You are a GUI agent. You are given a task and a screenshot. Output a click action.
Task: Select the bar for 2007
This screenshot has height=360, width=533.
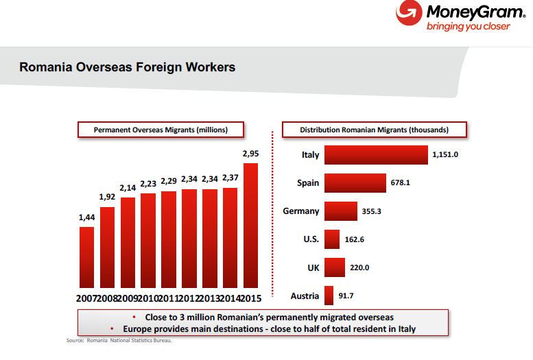click(x=87, y=257)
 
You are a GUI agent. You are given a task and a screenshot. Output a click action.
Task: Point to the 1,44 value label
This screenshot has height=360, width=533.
click(x=87, y=218)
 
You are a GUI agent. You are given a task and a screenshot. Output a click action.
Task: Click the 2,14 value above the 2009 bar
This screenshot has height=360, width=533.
click(x=128, y=187)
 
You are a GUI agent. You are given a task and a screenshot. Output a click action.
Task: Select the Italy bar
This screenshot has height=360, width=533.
click(x=376, y=155)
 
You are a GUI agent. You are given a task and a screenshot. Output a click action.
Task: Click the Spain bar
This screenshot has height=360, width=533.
click(x=355, y=183)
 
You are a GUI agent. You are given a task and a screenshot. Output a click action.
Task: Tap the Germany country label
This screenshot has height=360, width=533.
click(x=301, y=211)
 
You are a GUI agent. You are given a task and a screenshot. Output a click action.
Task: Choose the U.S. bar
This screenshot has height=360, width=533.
click(x=332, y=239)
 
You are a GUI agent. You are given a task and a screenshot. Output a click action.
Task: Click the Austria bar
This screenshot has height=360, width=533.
click(x=329, y=296)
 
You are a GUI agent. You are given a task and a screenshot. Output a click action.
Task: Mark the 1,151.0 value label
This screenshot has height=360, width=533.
click(x=445, y=155)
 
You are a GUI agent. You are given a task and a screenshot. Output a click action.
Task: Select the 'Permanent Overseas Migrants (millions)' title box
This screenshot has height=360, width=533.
click(x=161, y=129)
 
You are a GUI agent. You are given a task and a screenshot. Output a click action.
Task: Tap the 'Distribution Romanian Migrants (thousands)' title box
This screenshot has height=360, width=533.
click(x=375, y=129)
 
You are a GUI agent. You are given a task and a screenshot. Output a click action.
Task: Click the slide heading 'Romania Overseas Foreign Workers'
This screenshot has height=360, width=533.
click(x=128, y=67)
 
